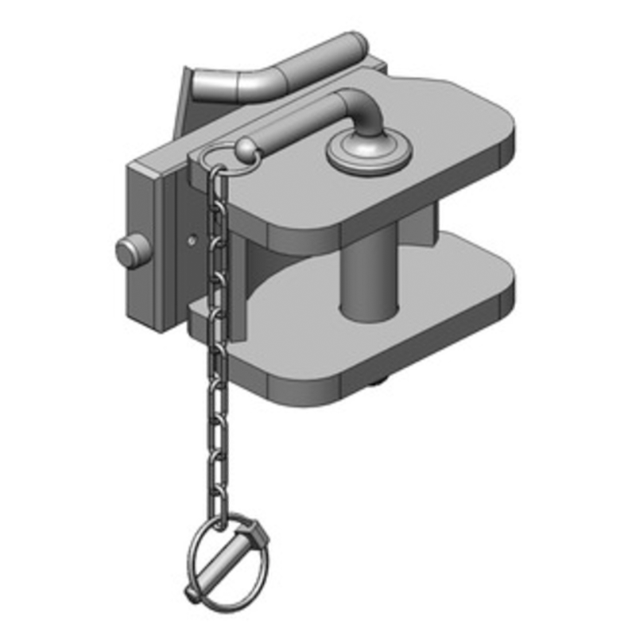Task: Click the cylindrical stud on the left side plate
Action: pos(127,252)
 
